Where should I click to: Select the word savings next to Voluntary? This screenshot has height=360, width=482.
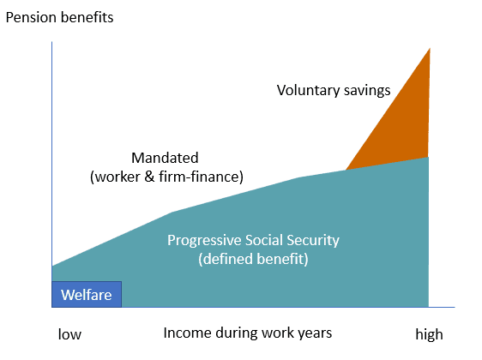(367, 91)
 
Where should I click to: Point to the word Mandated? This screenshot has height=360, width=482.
(165, 158)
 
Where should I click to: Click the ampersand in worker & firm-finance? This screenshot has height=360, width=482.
(149, 177)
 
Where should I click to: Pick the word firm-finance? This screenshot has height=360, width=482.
(201, 177)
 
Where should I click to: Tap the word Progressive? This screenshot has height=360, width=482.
(204, 240)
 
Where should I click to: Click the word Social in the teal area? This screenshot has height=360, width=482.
(264, 240)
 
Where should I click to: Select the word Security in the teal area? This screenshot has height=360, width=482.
(313, 240)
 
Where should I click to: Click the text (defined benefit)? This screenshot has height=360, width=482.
(253, 259)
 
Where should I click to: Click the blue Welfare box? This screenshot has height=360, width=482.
(87, 294)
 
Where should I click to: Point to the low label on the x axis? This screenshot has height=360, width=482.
(69, 334)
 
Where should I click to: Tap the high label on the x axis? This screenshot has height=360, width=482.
(429, 334)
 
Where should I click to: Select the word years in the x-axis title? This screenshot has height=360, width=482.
(315, 333)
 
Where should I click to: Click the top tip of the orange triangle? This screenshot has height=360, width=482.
(430, 48)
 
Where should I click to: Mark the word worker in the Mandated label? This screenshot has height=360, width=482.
(117, 177)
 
